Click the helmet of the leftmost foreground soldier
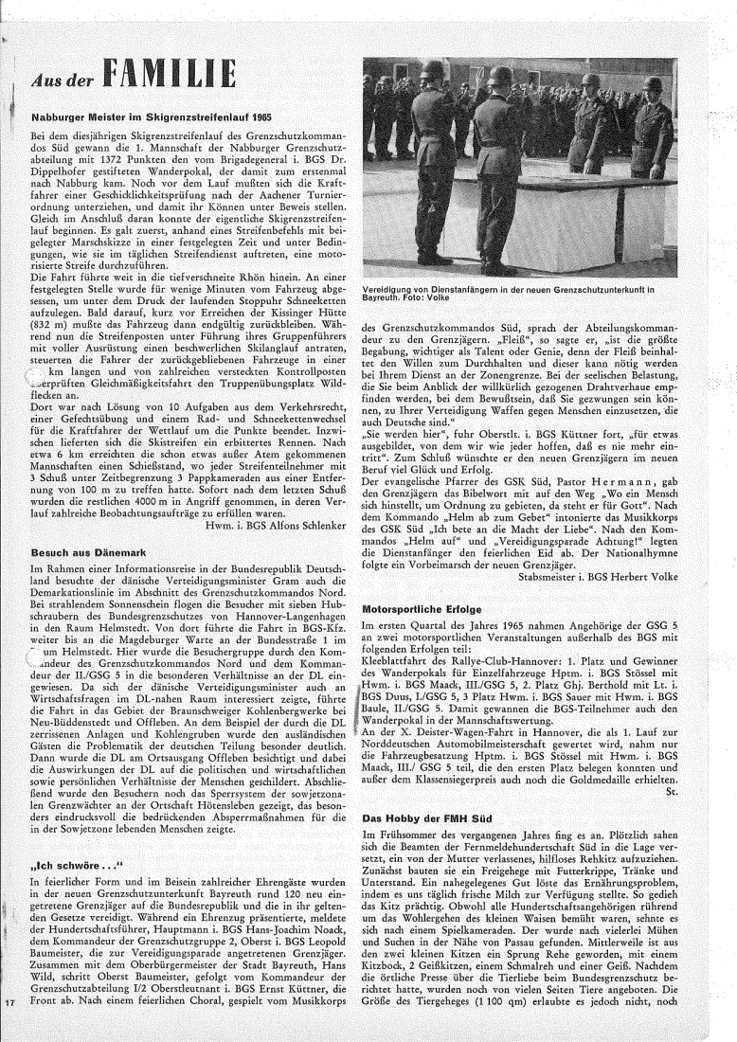point(432,70)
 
